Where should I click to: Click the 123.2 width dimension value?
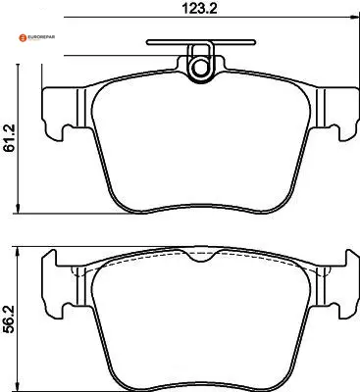click(199, 8)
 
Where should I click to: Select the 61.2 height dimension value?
click(10, 138)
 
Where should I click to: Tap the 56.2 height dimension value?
click(10, 319)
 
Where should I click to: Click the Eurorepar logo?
click(36, 37)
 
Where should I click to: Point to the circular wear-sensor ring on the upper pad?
click(199, 69)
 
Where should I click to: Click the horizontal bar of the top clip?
click(201, 42)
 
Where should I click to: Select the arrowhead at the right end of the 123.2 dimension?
click(354, 18)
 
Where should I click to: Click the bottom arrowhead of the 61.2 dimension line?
click(19, 209)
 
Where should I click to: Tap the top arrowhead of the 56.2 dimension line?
click(19, 252)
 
